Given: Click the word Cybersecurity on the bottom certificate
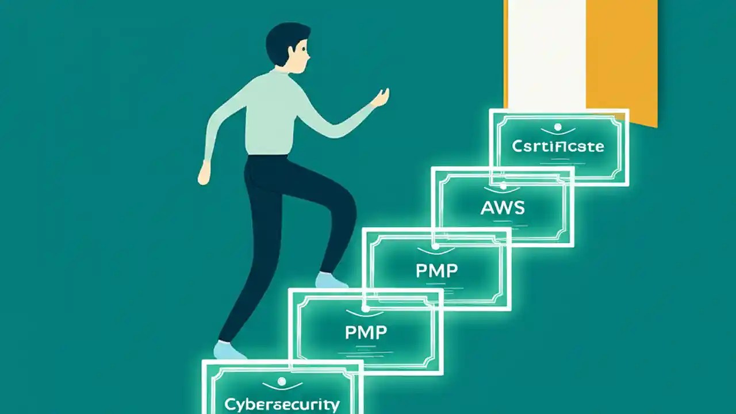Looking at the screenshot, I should point(282,403).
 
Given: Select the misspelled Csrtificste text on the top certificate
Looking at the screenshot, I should point(558,146).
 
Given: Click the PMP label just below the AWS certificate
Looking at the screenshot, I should point(437,270).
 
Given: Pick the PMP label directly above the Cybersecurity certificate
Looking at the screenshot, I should point(366,331).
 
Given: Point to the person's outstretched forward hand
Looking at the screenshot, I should point(381,98).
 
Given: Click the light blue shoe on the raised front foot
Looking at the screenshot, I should point(331,281).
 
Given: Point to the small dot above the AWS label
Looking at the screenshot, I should point(503,186).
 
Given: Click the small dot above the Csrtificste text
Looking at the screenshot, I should point(557,126).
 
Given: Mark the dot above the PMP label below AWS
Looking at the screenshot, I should point(436,247).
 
